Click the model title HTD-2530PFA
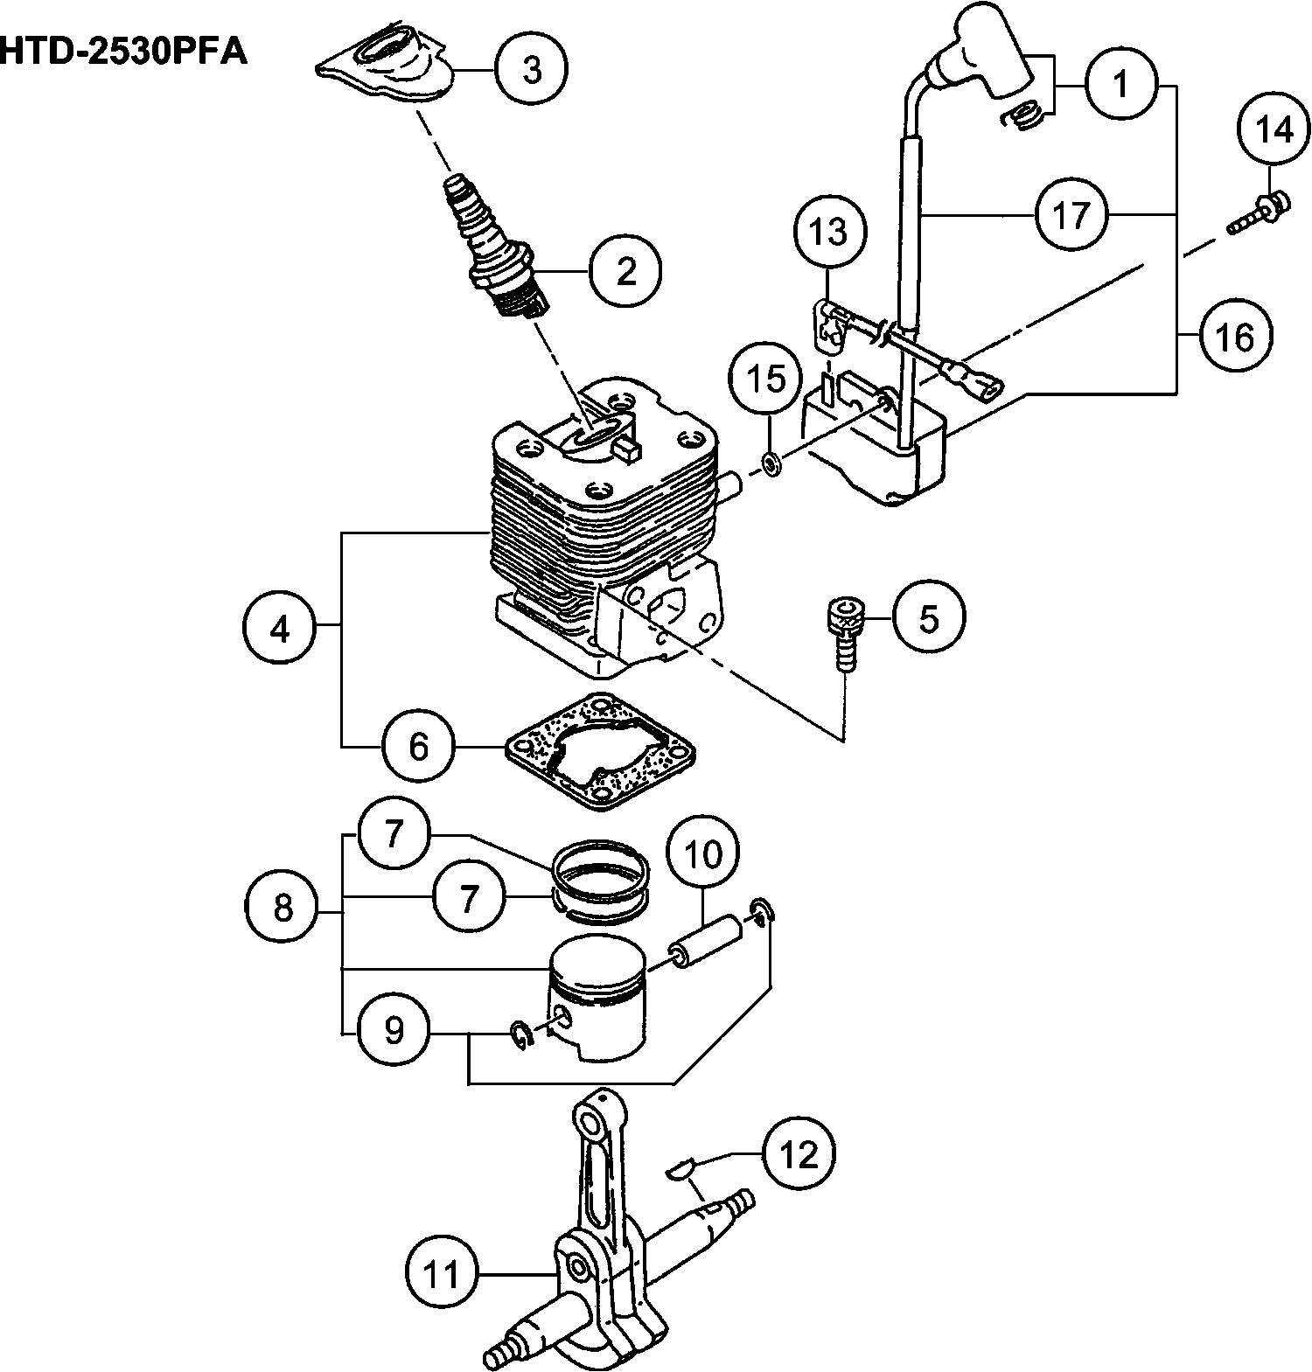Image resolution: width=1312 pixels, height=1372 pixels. tap(122, 51)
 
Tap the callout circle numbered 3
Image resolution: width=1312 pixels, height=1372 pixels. tap(532, 69)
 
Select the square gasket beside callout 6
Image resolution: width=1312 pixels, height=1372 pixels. tap(600, 750)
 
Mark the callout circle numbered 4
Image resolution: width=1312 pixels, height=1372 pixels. tap(279, 629)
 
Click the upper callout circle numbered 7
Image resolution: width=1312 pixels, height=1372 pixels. tap(394, 833)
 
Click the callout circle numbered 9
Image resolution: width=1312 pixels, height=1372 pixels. tap(394, 1031)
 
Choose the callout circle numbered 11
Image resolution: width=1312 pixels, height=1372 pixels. tap(443, 1274)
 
